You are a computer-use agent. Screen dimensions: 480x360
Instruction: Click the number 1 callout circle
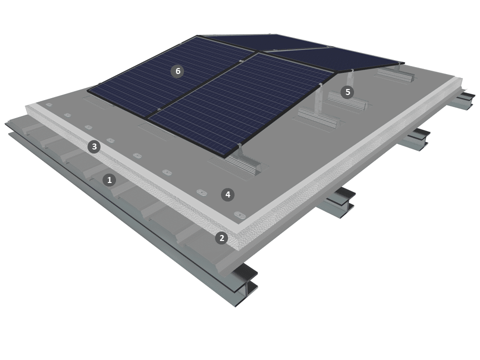click(x=109, y=180)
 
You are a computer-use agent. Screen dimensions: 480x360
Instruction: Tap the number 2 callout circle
click(x=221, y=238)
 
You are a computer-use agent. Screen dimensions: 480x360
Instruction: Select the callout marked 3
click(x=94, y=147)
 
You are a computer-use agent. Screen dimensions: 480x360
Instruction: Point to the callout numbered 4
click(x=227, y=194)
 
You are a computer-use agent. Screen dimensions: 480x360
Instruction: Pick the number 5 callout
click(x=347, y=92)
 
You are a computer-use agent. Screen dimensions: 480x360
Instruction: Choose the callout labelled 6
click(x=178, y=71)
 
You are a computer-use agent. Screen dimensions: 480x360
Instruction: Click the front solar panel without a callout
click(x=240, y=104)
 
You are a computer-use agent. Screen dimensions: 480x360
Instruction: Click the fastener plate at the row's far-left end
click(x=49, y=104)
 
